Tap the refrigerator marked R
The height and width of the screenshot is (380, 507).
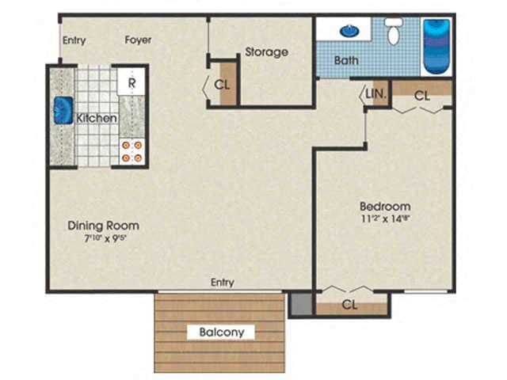(131, 81)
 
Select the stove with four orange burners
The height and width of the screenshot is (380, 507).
(132, 151)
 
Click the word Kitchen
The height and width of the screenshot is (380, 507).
(97, 119)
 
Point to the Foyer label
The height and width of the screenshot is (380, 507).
(138, 40)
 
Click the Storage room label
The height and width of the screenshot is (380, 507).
(265, 52)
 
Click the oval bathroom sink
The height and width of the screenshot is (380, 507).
(348, 31)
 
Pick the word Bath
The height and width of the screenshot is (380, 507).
(345, 60)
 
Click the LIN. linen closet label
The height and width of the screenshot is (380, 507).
(376, 94)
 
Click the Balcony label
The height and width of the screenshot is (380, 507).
(221, 332)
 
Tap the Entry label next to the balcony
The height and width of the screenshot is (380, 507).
(222, 283)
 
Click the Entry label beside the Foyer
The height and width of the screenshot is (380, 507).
(74, 40)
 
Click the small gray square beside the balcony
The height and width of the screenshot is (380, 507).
(299, 305)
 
